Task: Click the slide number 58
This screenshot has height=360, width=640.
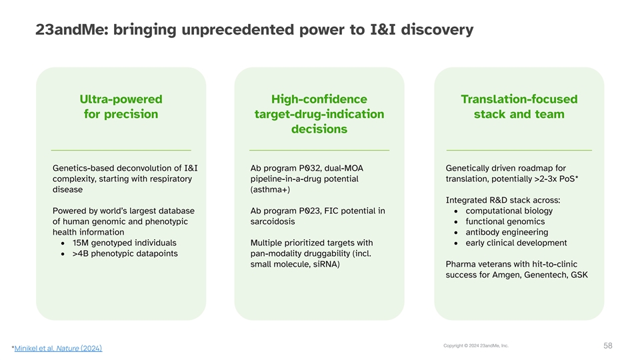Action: [x=608, y=346]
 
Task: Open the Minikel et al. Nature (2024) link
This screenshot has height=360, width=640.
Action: [x=59, y=348]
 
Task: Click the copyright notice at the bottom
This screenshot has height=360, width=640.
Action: [x=476, y=346]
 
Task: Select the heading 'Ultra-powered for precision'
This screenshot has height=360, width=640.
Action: [x=121, y=107]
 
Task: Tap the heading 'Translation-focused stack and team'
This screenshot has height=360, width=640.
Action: [x=519, y=107]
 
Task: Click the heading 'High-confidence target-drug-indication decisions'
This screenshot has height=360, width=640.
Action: [x=319, y=114]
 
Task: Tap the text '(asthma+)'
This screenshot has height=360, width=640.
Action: [x=270, y=189]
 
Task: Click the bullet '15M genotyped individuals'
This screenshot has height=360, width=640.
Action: [x=125, y=243]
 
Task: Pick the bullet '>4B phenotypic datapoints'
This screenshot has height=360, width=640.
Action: [x=125, y=253]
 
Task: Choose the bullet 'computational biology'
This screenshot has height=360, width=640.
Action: [x=509, y=211]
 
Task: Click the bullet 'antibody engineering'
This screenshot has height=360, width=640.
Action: [x=507, y=232]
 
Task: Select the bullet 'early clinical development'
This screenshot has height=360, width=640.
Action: [x=516, y=243]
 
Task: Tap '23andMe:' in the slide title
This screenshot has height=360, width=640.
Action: [x=72, y=29]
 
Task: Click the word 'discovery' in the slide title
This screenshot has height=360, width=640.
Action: [x=437, y=29]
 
